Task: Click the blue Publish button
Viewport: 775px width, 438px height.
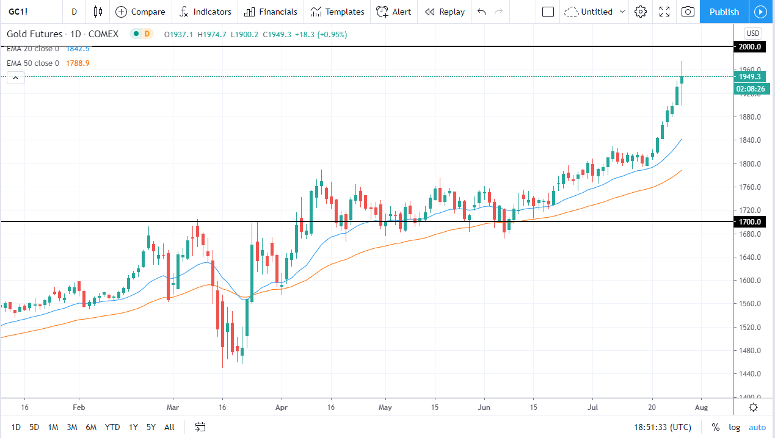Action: [724, 12]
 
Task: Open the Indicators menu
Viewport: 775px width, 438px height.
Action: [206, 12]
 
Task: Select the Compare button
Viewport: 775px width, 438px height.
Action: [140, 12]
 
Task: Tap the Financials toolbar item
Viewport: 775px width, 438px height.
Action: [271, 12]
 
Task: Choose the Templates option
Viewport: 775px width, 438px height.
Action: [337, 12]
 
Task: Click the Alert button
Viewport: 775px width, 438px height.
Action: [394, 12]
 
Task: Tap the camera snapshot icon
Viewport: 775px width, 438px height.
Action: [688, 12]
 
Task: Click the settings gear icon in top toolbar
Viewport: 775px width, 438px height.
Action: [641, 12]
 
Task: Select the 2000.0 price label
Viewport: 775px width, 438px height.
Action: [749, 47]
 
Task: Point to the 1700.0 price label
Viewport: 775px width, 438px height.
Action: [749, 222]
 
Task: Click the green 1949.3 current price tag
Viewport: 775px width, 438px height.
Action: [749, 77]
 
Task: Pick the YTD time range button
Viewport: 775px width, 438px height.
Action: [112, 427]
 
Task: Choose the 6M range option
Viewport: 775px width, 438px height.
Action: [91, 427]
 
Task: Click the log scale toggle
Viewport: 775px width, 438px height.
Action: [734, 427]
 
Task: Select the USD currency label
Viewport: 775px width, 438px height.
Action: [752, 34]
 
